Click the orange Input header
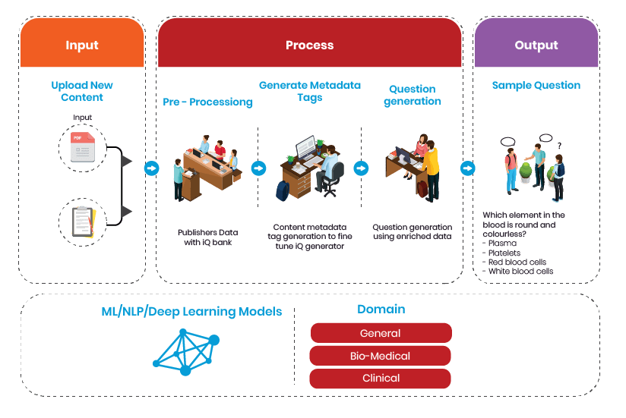(x=82, y=46)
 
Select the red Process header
(x=309, y=46)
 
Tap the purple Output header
(x=536, y=46)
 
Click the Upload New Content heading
(x=82, y=91)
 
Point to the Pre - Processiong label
(x=207, y=102)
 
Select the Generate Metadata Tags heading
(x=310, y=91)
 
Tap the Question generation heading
(x=413, y=94)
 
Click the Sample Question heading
(x=536, y=86)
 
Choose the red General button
(x=381, y=333)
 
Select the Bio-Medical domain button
(x=381, y=356)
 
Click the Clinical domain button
(x=381, y=378)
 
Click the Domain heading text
(x=381, y=310)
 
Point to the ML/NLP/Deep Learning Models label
(x=191, y=312)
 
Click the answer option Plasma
(x=501, y=244)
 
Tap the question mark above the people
(x=560, y=146)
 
